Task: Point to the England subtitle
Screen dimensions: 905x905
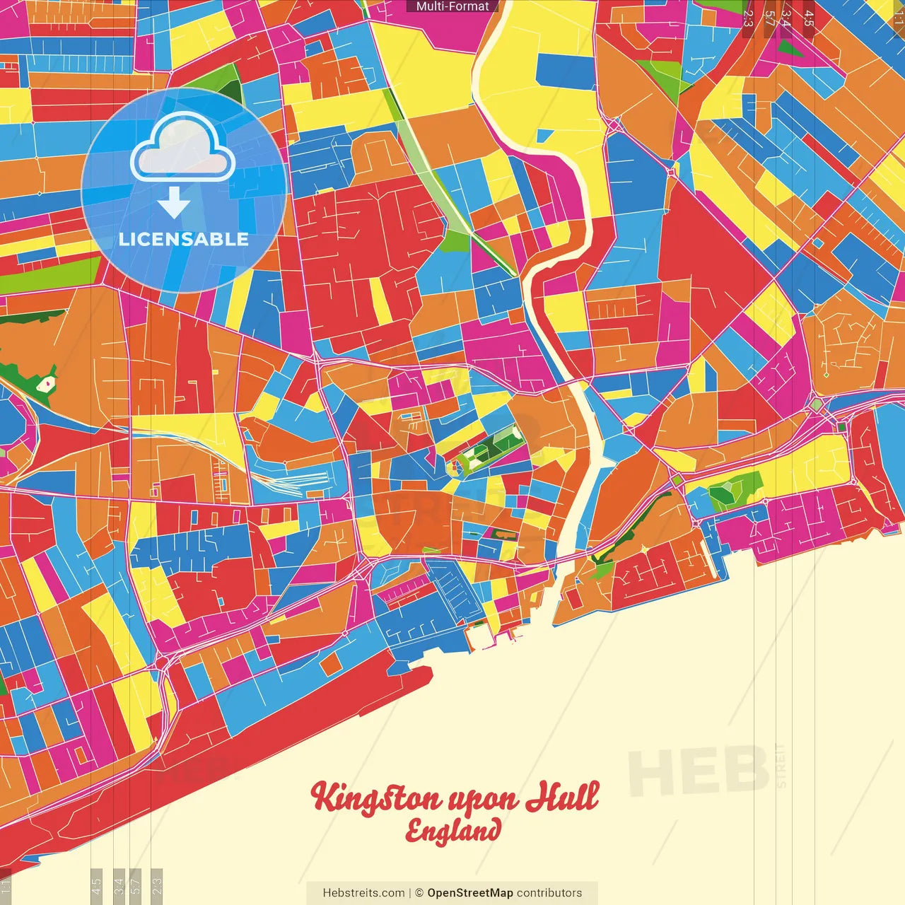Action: [x=452, y=831]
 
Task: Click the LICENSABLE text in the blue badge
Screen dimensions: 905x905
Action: [x=184, y=239]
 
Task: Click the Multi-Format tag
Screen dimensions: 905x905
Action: [x=452, y=6]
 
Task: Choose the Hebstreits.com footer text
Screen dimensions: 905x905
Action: [x=363, y=893]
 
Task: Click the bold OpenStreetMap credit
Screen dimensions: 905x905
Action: [x=469, y=893]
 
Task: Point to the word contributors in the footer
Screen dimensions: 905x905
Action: [x=549, y=893]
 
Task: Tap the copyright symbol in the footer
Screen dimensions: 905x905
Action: [x=419, y=893]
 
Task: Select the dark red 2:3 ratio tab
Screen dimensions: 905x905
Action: [x=748, y=18]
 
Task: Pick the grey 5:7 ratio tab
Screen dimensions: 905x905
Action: [x=136, y=884]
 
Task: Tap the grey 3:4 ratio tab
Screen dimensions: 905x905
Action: [x=119, y=884]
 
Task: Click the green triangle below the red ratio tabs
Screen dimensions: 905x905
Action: [x=788, y=49]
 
